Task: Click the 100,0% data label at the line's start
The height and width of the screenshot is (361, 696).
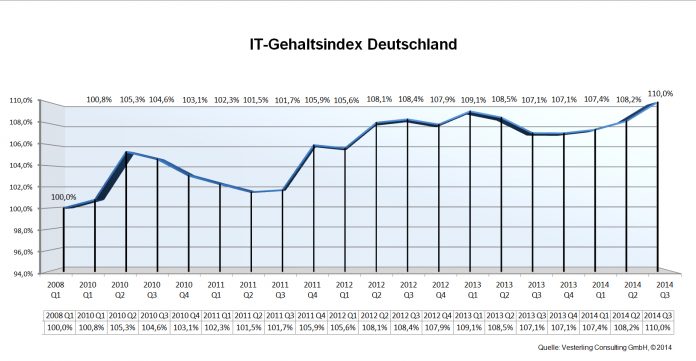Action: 63,199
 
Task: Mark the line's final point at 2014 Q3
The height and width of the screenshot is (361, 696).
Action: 657,103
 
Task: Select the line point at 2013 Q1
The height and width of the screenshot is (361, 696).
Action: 471,113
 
